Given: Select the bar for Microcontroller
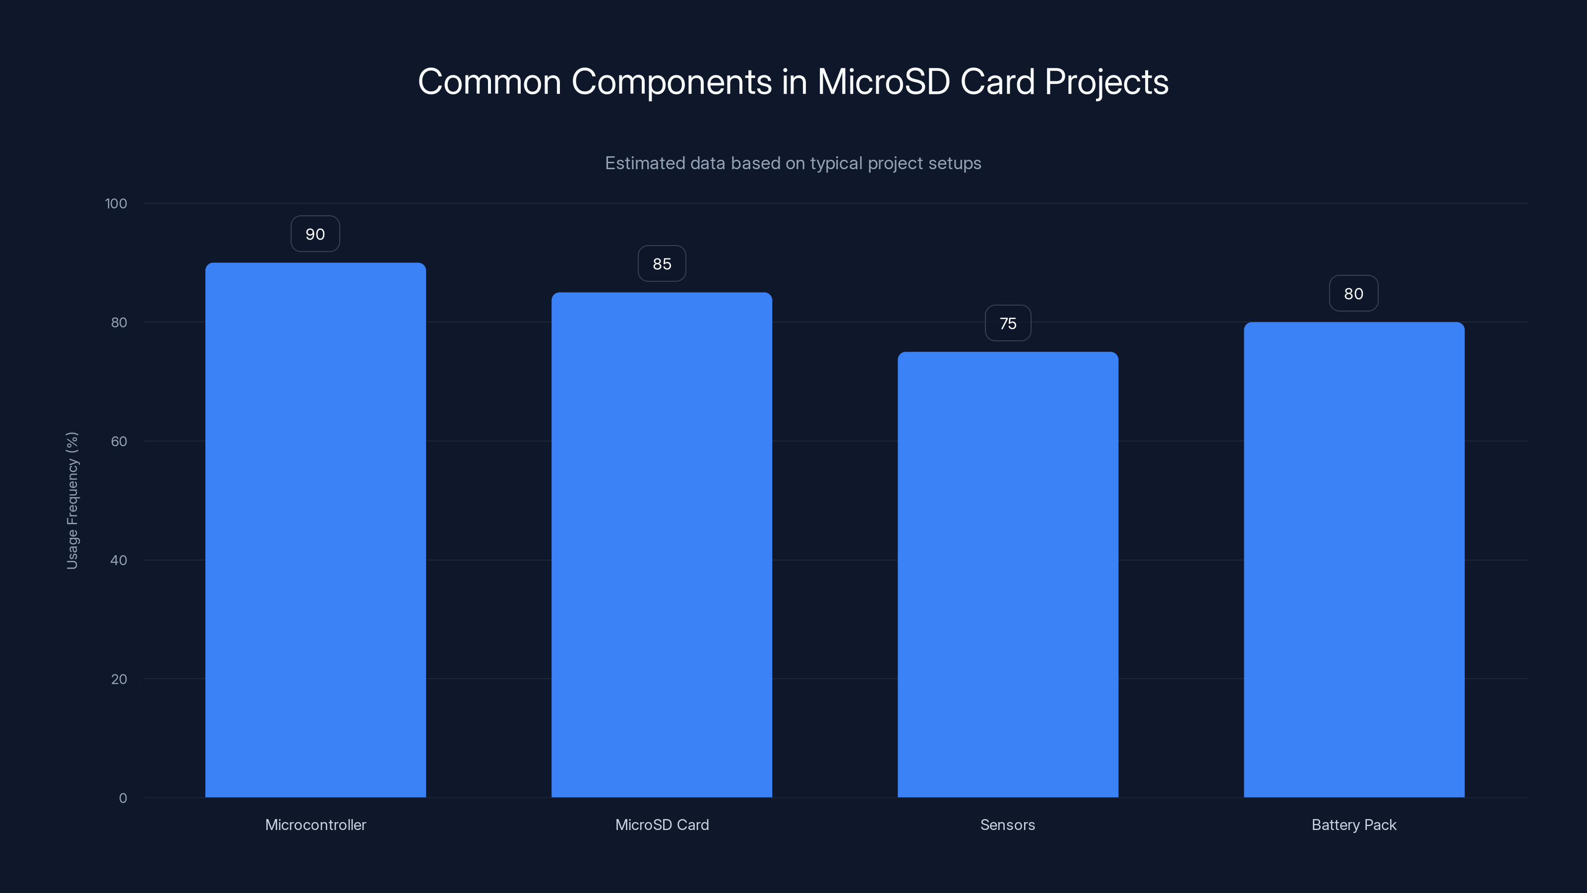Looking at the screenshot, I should coord(315,530).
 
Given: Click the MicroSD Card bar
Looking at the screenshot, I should coord(662,545).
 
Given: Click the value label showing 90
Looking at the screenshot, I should coord(315,234).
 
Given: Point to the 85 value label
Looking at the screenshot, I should coord(662,264).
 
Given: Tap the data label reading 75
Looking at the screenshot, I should coord(1008,323).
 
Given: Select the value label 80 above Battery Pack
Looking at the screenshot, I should coord(1353,294).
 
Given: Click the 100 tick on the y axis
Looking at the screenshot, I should coord(116,203).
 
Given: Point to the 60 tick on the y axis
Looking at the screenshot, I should coord(119,441).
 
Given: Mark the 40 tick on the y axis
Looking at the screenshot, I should coord(119,560).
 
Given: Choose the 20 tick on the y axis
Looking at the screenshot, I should coord(119,679).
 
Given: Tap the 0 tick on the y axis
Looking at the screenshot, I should coord(122,798).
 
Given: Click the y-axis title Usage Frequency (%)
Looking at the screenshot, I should coord(72,501).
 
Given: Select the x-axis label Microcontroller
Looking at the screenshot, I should coord(315,825).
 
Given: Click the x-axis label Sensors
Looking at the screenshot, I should coord(1007,825).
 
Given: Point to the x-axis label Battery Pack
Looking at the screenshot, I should coord(1353,825).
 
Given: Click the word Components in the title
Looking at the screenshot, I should coord(671,82).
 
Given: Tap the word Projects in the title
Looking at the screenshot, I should coord(1106,82).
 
